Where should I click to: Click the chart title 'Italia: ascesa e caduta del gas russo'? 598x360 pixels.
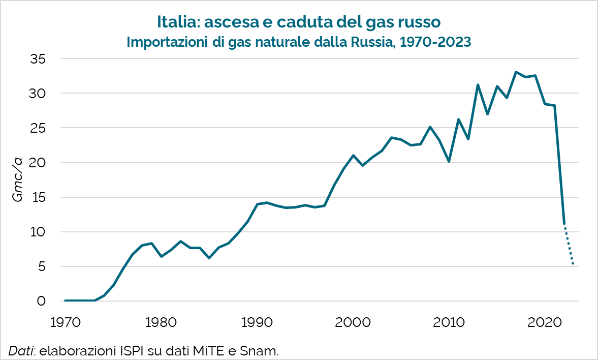point(299,22)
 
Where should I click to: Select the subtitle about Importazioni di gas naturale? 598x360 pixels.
point(299,42)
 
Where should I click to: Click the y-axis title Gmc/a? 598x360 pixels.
point(18,180)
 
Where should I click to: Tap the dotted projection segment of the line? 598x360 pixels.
point(569,245)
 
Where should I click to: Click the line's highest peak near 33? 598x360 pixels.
point(516,72)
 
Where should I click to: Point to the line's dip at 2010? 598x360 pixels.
point(449,161)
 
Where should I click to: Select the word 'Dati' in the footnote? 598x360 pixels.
point(19,350)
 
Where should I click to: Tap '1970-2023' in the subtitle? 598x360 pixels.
point(435,42)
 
